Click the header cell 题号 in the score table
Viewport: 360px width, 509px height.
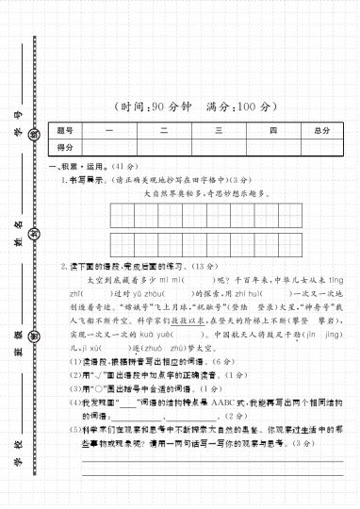(x=65, y=130)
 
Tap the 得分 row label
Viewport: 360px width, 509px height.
(x=65, y=148)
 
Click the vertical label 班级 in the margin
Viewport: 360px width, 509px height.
(x=17, y=337)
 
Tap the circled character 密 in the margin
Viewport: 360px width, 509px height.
(x=34, y=337)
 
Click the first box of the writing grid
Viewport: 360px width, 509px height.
(x=121, y=216)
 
